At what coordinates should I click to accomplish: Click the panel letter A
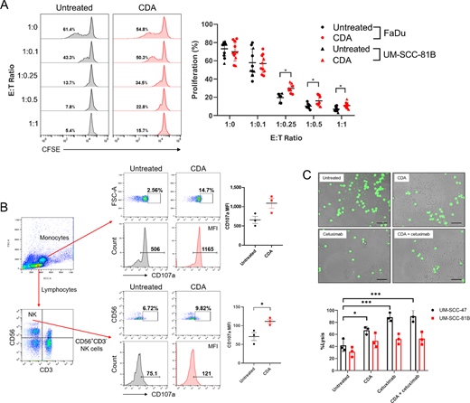tap(6, 7)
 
